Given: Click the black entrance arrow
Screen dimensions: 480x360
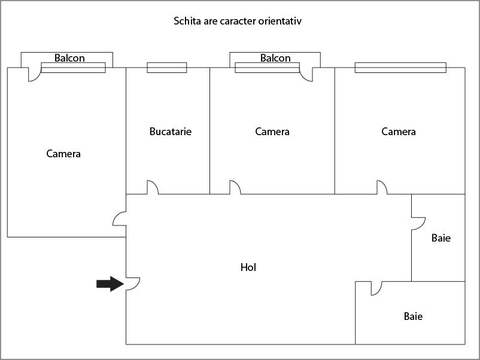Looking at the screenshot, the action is click(x=110, y=284).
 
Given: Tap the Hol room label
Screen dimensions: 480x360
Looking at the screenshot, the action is click(x=248, y=267).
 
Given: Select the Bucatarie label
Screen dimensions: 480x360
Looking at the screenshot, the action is click(x=171, y=132).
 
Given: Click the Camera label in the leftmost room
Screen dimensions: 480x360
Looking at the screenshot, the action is click(x=63, y=154).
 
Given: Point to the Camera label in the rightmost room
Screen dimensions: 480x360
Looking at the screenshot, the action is click(x=399, y=132).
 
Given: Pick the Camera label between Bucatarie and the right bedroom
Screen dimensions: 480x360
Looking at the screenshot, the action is click(x=272, y=132).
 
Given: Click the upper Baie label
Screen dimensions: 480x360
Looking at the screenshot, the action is click(x=441, y=238).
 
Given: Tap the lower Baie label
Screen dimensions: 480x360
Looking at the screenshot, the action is click(x=413, y=316).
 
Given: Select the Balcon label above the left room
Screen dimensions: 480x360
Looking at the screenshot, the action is click(x=69, y=58).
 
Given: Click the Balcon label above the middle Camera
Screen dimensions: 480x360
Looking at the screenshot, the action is click(x=275, y=58).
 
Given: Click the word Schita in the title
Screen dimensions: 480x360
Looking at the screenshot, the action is click(x=187, y=21).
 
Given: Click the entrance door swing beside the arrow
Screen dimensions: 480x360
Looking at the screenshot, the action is click(x=133, y=284).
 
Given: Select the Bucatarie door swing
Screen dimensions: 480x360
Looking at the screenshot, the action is click(x=153, y=187).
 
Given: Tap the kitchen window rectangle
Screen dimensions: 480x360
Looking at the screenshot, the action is click(x=167, y=68).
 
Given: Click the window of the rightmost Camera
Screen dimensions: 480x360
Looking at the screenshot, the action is click(x=400, y=68).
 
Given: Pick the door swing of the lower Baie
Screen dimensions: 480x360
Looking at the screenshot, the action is click(x=376, y=288).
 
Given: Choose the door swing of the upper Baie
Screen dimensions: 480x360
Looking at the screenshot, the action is click(x=418, y=224).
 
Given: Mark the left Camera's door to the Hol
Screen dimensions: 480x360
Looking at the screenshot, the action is click(x=119, y=219).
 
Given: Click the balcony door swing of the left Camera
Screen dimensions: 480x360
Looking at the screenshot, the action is click(x=35, y=74).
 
